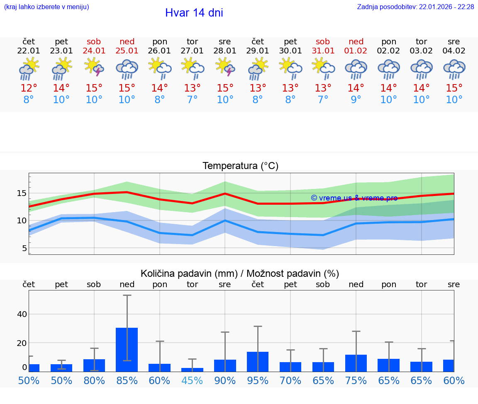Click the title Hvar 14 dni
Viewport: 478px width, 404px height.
pos(194,13)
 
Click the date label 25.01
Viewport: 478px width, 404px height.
pos(127,51)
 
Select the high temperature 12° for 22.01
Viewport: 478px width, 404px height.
pos(29,88)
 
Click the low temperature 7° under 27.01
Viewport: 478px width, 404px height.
pos(192,100)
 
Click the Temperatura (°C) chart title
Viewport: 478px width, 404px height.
pos(240,166)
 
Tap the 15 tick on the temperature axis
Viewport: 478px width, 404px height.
pos(22,194)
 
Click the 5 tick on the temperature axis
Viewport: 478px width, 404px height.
pos(24,248)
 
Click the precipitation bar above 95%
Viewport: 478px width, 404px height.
pos(258,361)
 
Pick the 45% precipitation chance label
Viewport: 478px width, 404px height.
pos(192,381)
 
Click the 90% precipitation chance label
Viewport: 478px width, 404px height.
pos(225,381)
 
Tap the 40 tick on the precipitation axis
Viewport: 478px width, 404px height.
pos(22,314)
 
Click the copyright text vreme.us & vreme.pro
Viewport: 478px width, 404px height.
pos(354,198)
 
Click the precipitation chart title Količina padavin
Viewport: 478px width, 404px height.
pos(240,273)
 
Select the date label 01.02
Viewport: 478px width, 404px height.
pos(356,51)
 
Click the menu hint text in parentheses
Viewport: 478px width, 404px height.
pos(46,7)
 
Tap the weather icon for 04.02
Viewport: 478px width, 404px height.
pos(454,69)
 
